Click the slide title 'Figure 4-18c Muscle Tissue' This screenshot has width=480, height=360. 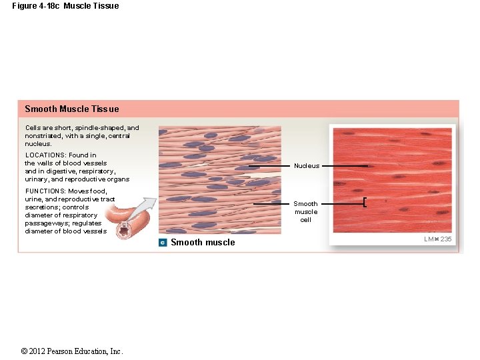[65, 6]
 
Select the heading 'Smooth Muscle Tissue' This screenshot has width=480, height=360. [72, 109]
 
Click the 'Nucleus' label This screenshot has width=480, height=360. [307, 166]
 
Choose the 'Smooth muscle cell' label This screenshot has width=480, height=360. [305, 212]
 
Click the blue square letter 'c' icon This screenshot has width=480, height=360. [163, 243]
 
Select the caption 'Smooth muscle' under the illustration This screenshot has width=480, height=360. [203, 243]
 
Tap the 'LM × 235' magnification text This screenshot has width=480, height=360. [437, 239]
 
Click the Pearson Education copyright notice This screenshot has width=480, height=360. [72, 351]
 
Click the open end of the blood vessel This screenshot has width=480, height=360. [124, 230]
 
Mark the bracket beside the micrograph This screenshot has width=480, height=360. [365, 203]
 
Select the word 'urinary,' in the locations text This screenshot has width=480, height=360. [37, 179]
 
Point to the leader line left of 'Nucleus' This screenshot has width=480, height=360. [269, 166]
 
